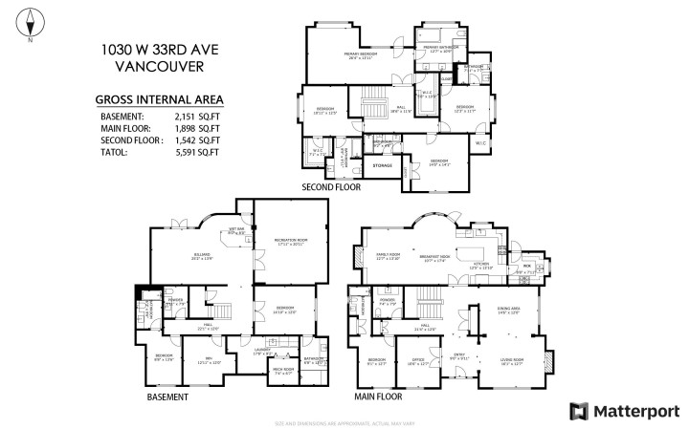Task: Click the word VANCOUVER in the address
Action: pos(158,67)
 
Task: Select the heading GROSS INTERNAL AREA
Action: pos(160,98)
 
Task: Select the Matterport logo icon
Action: pos(578,411)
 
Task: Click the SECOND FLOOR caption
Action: pos(331,187)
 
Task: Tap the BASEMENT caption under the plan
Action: pos(167,396)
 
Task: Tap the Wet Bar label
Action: pos(236,230)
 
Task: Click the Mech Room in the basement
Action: pos(283,370)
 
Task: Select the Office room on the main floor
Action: pos(416,362)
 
